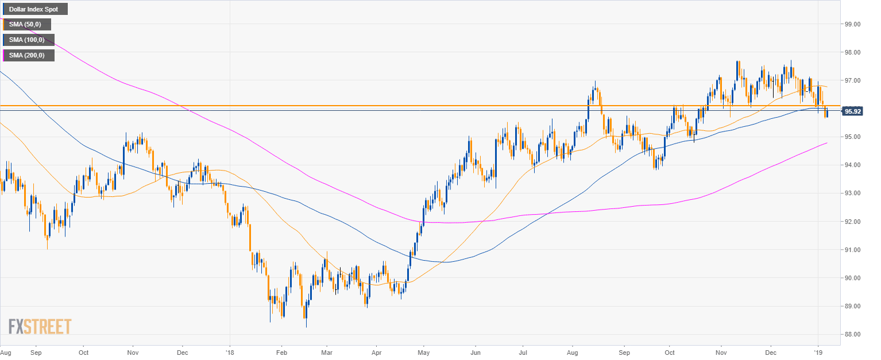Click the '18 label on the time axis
click(229, 351)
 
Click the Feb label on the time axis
click(281, 351)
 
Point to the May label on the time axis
click(423, 351)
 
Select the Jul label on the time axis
click(523, 351)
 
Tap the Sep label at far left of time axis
click(36, 351)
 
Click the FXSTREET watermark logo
click(40, 327)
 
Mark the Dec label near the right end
click(771, 351)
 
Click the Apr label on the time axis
click(377, 351)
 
